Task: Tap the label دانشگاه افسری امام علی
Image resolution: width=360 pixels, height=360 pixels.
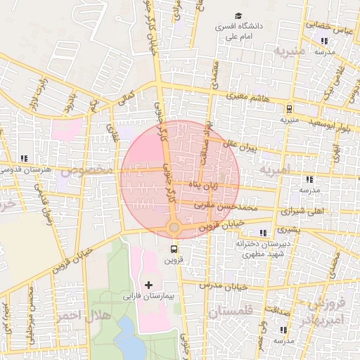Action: point(238,30)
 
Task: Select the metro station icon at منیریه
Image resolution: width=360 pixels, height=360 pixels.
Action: point(289,108)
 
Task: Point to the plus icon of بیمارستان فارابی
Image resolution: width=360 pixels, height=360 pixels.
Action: point(148,285)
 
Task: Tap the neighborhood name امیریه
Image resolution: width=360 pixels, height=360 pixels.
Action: point(274,171)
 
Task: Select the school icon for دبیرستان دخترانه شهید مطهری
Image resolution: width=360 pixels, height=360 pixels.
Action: point(263,233)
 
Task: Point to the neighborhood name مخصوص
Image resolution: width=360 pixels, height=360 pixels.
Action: point(86,170)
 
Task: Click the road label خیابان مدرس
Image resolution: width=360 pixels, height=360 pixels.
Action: point(224,285)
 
